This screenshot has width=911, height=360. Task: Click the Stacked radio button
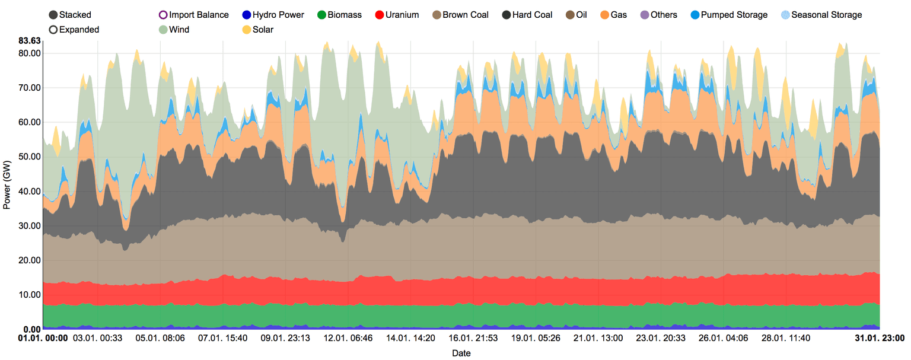coord(53,15)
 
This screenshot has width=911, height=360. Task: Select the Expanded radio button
coord(53,29)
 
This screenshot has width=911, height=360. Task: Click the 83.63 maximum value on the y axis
coord(29,41)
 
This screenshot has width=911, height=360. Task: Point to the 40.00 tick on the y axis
coord(29,192)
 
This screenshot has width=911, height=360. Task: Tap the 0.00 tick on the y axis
coord(31,329)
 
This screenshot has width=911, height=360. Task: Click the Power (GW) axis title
coord(7,184)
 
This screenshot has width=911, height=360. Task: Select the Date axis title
coord(461,353)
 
